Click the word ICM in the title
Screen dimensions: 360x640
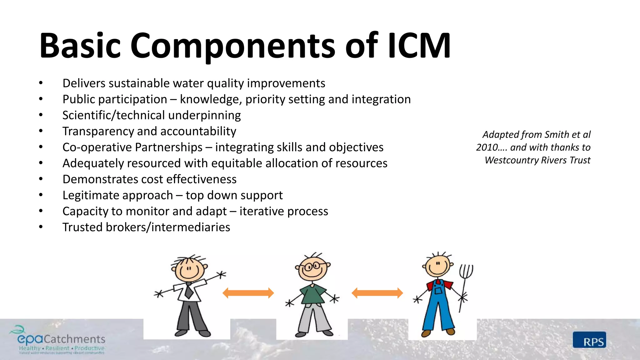point(419,46)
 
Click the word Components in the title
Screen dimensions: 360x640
point(233,46)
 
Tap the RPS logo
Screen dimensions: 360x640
point(589,340)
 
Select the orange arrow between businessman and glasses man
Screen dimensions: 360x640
point(248,293)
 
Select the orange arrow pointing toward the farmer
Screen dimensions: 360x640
point(377,293)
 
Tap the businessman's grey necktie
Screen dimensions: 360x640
point(189,290)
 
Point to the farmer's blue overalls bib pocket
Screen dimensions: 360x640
point(438,291)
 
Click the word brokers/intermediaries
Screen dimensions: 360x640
point(168,227)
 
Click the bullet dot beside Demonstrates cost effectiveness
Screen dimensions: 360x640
point(41,179)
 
